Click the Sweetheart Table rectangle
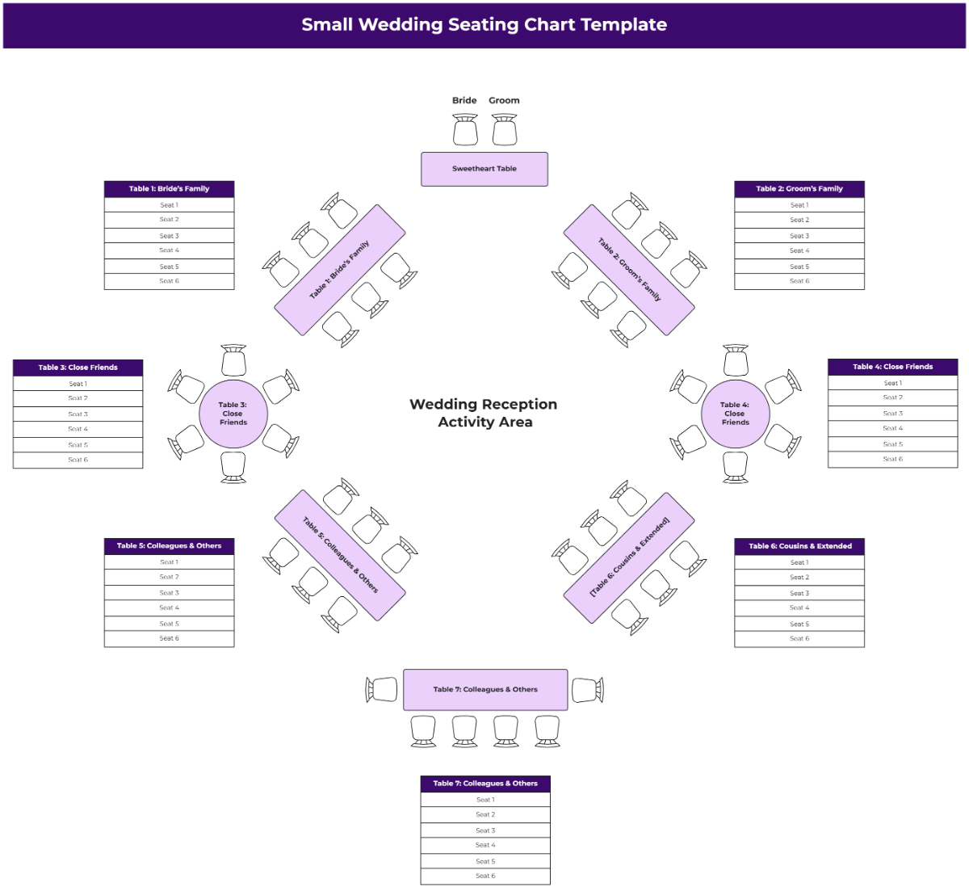pyautogui.click(x=484, y=169)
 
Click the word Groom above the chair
pyautogui.click(x=504, y=100)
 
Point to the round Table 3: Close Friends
pyautogui.click(x=233, y=414)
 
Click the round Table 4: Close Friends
pyautogui.click(x=736, y=414)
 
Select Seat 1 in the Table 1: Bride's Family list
pyautogui.click(x=169, y=205)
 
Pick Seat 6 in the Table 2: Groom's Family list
pyautogui.click(x=799, y=281)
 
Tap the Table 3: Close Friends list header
pyautogui.click(x=78, y=368)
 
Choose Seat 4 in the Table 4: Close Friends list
pyautogui.click(x=892, y=428)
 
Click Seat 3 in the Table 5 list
pyautogui.click(x=169, y=593)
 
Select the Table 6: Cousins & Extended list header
pyautogui.click(x=799, y=546)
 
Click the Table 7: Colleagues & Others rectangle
pyautogui.click(x=485, y=690)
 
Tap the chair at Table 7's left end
pyautogui.click(x=383, y=690)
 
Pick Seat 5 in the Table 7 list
pyautogui.click(x=485, y=861)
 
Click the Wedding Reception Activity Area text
pyautogui.click(x=484, y=413)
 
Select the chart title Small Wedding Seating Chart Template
pyautogui.click(x=484, y=24)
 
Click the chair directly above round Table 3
pyautogui.click(x=233, y=360)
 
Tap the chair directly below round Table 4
pyautogui.click(x=736, y=467)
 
